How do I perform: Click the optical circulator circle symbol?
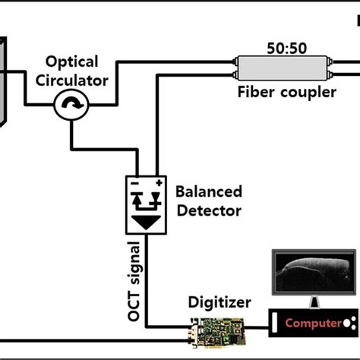click(71, 107)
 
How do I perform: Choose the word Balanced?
click(209, 191)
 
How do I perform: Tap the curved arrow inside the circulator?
click(71, 107)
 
